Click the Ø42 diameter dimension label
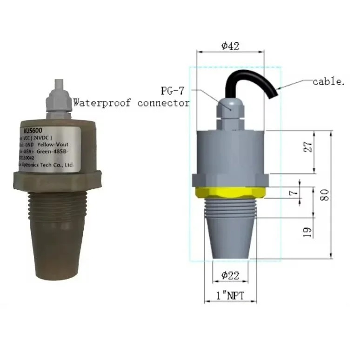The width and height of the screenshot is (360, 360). pos(230,46)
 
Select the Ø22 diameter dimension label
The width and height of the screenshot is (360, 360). pos(230,275)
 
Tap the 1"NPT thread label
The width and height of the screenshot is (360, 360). pos(230,295)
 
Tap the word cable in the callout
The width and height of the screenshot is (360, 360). pos(328,82)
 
